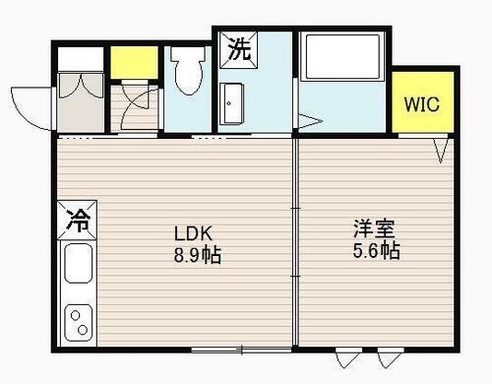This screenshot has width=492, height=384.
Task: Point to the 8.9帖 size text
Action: click(x=197, y=256)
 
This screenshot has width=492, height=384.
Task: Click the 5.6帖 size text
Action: click(x=376, y=251)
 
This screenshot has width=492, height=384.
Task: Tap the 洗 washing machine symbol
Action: click(x=239, y=50)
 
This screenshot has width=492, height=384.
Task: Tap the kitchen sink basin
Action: click(x=79, y=263)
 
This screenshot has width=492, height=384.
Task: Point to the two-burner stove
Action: click(x=78, y=321)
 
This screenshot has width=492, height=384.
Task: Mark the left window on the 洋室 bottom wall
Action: click(x=349, y=356)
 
